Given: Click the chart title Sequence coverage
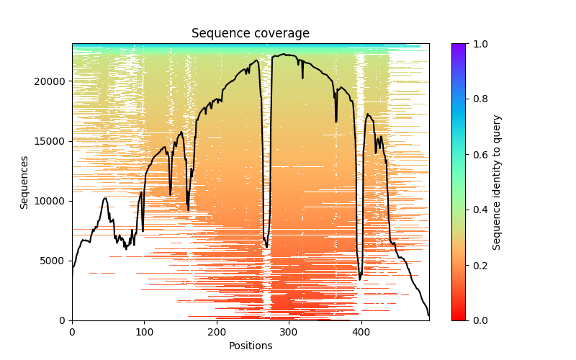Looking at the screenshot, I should coord(251,34).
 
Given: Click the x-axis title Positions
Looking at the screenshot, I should coord(251,346).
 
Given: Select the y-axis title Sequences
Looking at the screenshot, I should coord(24,182).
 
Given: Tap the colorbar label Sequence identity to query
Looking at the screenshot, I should coord(497,182).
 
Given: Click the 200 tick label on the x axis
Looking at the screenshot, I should coord(217,332).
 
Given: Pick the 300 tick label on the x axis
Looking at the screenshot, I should coord(289,332).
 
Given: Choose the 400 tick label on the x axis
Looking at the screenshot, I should coord(361,332).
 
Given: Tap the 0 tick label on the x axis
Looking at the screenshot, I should coord(72,332).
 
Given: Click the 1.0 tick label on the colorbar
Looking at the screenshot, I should coord(479,44).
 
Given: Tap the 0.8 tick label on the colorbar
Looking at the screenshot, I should coord(479,99).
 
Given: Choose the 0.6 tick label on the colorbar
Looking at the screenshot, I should coord(479,155).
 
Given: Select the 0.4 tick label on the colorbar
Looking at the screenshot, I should coord(479,210).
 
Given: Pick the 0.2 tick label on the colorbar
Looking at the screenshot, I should coord(479,265).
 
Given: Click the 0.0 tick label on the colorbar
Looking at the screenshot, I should coord(479,320).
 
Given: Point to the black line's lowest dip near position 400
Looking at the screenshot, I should coord(360,279).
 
